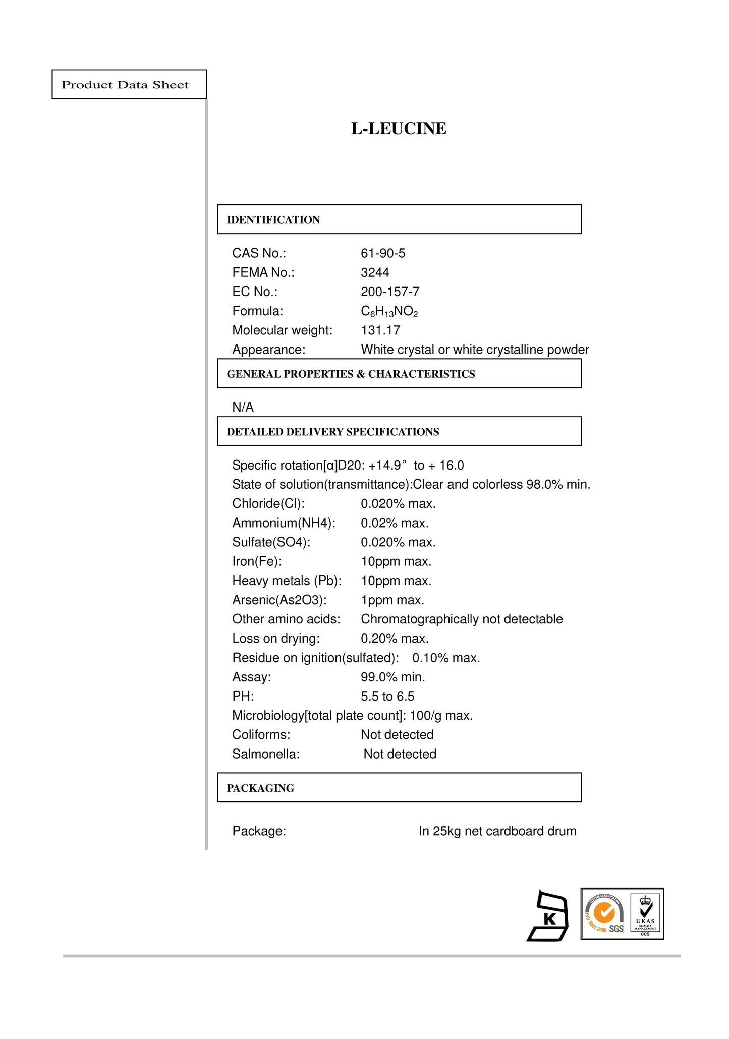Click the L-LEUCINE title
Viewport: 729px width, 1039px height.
399,129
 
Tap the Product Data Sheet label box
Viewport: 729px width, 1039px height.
129,85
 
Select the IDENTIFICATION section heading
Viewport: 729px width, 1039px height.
273,220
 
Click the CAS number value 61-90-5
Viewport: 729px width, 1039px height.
383,253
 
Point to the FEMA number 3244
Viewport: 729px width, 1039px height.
375,272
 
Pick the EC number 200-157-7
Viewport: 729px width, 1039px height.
390,292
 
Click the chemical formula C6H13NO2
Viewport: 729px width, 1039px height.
389,312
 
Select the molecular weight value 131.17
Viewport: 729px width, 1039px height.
380,330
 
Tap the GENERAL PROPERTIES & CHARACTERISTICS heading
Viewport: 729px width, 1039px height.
351,374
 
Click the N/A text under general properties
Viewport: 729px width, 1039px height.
243,408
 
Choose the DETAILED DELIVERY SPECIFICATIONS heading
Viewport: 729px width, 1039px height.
333,432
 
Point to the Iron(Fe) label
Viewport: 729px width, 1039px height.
257,561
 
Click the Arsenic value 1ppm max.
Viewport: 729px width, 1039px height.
392,600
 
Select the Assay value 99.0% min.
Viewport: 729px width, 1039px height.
392,677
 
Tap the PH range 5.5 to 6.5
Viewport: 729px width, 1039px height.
387,697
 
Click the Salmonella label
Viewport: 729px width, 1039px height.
266,754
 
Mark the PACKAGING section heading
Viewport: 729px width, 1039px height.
260,788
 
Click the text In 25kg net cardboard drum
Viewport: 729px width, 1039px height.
497,831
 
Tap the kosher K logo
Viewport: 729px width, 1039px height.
548,916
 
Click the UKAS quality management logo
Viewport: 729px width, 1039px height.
646,914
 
